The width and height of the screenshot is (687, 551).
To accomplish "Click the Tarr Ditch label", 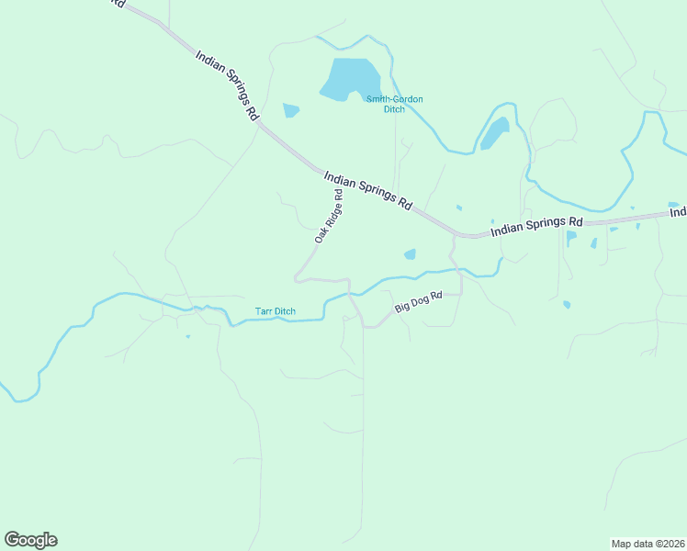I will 276,311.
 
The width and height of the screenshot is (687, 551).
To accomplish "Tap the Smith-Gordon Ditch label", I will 394,104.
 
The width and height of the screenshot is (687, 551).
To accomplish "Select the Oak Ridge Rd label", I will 329,217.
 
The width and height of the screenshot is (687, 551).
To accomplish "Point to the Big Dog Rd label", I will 419,302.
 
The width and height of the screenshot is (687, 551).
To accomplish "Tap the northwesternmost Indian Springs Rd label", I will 226,85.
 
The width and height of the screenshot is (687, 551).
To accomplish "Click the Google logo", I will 30,540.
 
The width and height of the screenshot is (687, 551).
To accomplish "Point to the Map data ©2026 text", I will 648,543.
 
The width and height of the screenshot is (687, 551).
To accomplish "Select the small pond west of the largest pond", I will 291,110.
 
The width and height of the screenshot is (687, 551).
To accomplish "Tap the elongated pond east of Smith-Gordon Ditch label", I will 495,133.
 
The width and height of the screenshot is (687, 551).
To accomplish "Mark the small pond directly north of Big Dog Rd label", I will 410,254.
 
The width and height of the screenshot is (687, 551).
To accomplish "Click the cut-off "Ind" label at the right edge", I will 679,212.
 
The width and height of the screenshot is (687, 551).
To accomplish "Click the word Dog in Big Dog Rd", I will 420,301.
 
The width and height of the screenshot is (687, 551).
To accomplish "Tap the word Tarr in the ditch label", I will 264,311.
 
